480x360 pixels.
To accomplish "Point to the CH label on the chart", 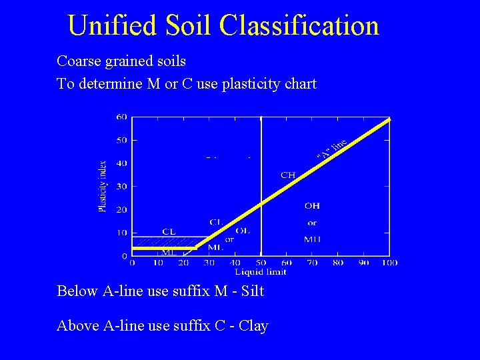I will coord(288,175).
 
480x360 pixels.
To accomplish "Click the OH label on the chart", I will coord(312,206).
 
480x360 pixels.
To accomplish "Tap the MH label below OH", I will coord(312,239).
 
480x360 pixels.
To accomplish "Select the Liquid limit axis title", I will coord(261,271).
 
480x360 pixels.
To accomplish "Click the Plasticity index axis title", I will coord(103,186).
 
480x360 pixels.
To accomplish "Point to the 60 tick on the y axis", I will coord(121,117).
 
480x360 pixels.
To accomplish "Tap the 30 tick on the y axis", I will coord(121,187).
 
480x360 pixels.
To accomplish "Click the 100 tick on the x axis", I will coord(390,263).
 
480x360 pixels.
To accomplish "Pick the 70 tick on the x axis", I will coord(312,263).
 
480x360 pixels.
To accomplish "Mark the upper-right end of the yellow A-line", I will coord(389,119).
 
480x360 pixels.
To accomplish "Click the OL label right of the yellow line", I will coord(243,231).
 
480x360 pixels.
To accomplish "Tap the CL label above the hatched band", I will coord(169,231).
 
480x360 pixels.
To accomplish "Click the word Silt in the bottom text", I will coord(253,291).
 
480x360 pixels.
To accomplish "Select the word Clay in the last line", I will coord(253,326).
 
